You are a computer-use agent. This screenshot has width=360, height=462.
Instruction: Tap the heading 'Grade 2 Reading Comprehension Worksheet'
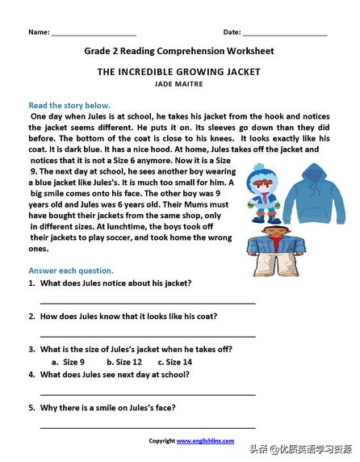179,51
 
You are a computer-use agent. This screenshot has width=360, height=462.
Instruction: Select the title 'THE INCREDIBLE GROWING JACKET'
179,72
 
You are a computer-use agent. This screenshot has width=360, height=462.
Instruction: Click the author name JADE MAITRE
179,83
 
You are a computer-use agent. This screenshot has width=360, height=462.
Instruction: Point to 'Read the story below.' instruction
69,105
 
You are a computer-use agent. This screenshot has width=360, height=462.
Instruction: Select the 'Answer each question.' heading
71,270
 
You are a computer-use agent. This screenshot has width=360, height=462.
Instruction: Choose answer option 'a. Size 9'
69,362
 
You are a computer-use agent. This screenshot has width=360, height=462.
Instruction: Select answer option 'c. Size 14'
174,362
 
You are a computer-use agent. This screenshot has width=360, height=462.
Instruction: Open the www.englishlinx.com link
205,440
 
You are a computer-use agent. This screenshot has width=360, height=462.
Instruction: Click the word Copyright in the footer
161,440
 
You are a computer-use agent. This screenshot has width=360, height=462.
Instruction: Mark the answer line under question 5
148,426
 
